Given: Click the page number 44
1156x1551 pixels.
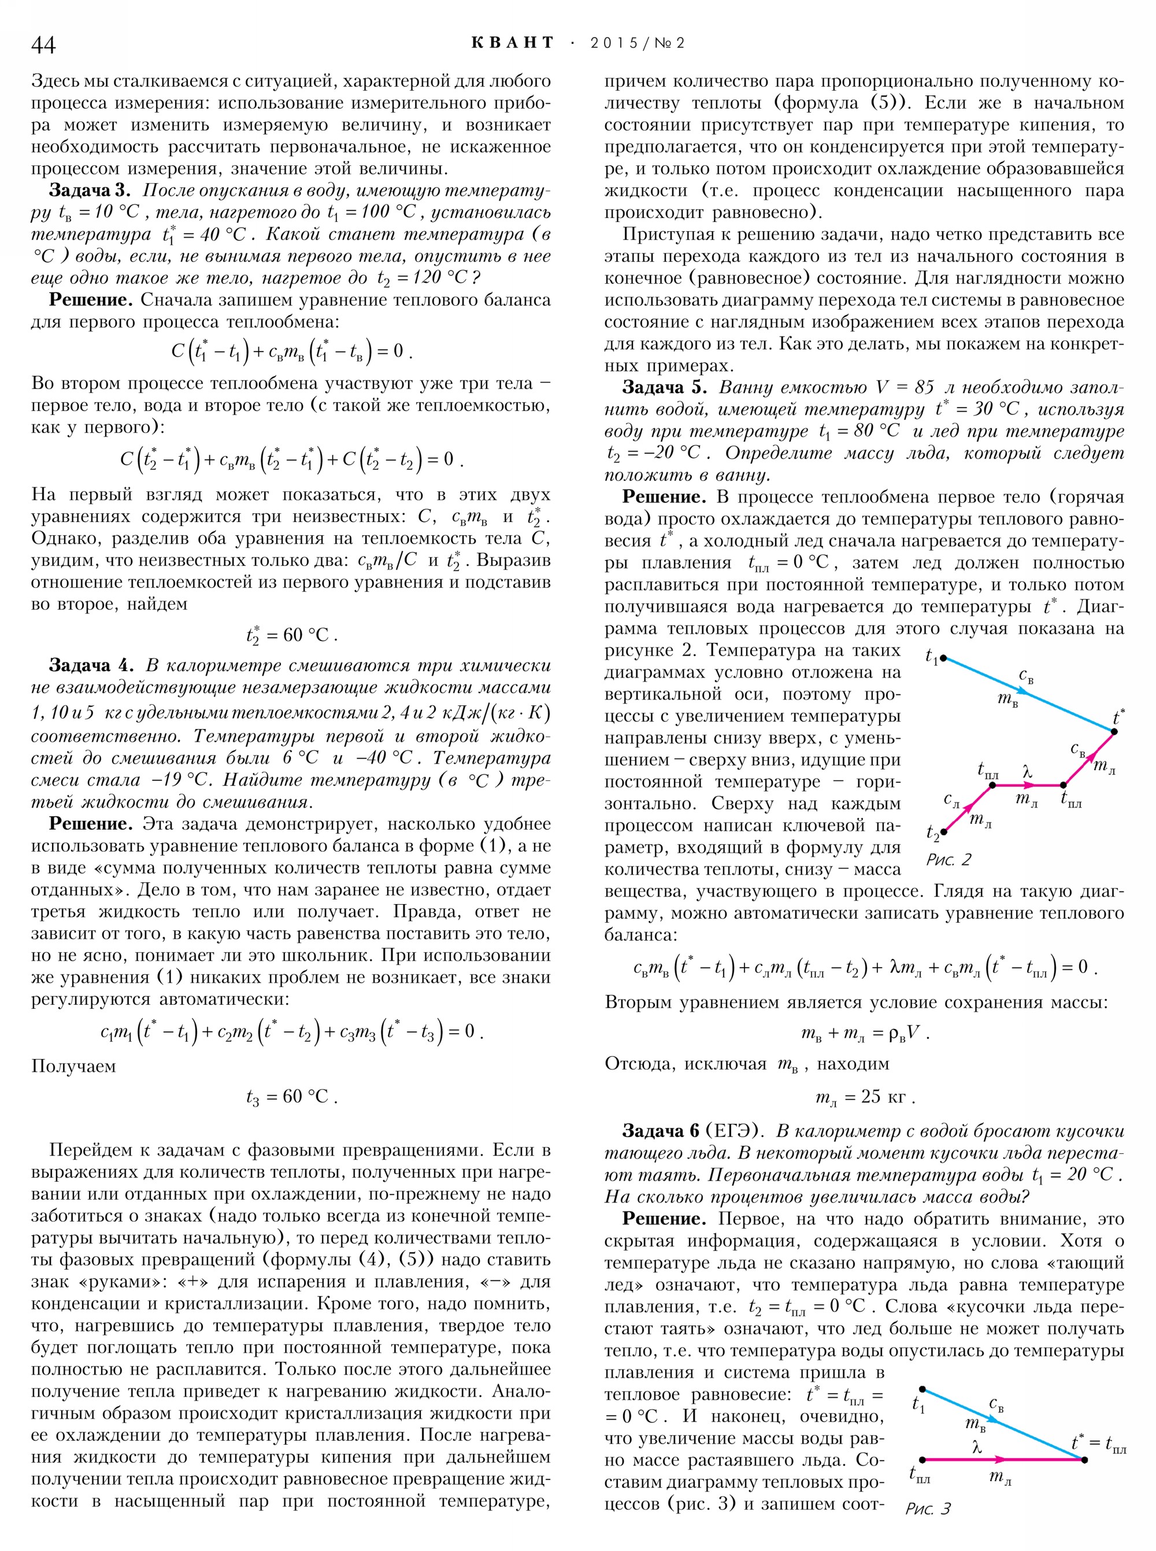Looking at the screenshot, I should click(x=43, y=45).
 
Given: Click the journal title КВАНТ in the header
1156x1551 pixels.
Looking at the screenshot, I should click(x=512, y=43).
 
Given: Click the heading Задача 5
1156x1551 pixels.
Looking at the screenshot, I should click(x=665, y=387).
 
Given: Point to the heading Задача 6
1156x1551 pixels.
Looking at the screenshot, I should click(x=661, y=1131).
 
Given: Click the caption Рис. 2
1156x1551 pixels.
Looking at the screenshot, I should click(x=948, y=860).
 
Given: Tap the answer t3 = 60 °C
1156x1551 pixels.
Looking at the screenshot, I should click(x=291, y=1097).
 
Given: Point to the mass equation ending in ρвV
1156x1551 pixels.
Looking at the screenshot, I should click(x=865, y=1033).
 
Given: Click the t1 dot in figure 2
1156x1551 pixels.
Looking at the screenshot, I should click(x=943, y=658).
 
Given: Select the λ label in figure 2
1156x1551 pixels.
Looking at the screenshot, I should click(x=1027, y=772).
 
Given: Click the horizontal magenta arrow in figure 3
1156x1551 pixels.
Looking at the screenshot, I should click(x=1002, y=1460).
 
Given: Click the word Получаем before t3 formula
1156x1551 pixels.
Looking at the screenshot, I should click(x=73, y=1067).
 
